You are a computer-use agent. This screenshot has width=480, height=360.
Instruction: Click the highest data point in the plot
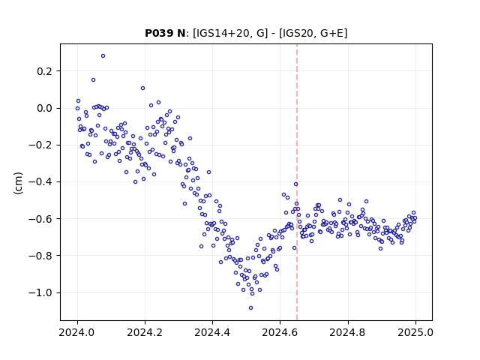pos(103,56)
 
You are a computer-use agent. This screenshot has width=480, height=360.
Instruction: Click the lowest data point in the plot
pos(251,308)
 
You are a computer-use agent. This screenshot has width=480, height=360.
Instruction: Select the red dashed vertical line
pos(297,182)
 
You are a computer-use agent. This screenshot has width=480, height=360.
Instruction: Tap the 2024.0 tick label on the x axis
pos(77,332)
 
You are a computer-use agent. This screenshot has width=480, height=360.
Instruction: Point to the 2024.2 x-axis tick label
pos(145,332)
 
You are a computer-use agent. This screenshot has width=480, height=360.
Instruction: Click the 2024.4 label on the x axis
pos(212,332)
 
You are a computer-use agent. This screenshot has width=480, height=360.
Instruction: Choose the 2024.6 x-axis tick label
pos(280,332)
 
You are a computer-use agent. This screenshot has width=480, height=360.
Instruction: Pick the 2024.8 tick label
pos(347,332)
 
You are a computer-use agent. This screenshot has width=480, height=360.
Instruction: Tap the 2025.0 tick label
pos(415,332)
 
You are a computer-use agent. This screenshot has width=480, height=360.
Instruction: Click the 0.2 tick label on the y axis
pos(45,71)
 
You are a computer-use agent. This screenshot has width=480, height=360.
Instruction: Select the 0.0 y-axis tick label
pos(45,108)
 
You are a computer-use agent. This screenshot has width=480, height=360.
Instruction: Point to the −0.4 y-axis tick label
pos(40,182)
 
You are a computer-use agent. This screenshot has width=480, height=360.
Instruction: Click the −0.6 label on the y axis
pos(40,219)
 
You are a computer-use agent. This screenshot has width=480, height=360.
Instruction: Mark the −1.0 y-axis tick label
pos(40,292)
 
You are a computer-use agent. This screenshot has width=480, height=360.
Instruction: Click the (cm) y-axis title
pos(18,183)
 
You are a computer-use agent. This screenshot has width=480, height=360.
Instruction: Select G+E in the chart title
pos(331,33)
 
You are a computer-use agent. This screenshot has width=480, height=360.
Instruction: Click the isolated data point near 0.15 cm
pos(93,80)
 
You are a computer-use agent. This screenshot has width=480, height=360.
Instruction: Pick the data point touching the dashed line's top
pos(295,184)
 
